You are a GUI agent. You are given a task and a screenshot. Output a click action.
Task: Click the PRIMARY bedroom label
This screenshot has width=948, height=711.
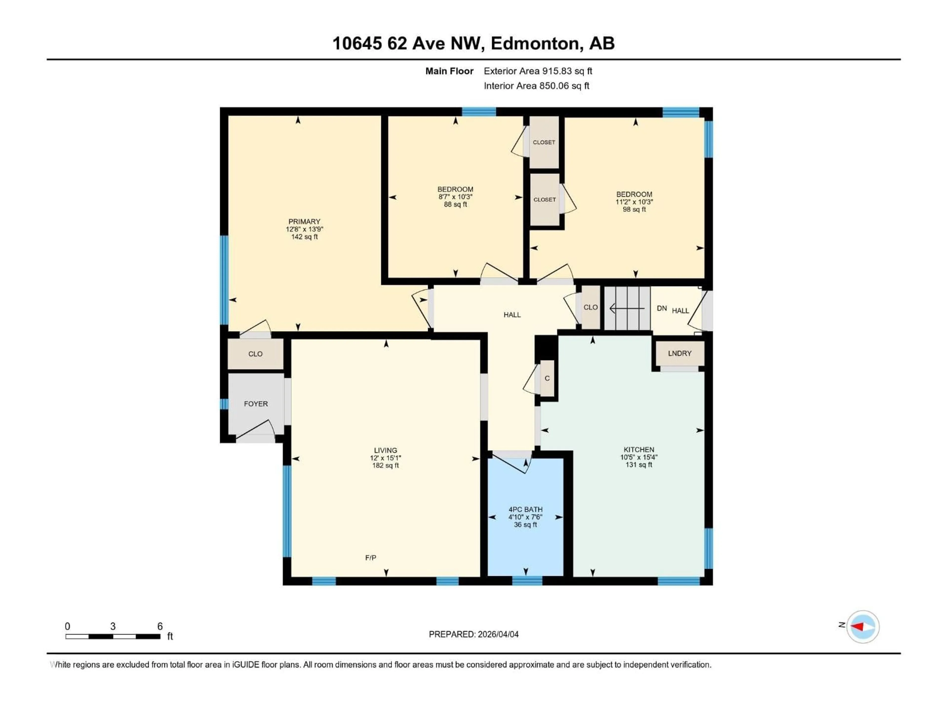click(304, 222)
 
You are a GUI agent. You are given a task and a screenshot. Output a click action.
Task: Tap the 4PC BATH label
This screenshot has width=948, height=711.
click(525, 510)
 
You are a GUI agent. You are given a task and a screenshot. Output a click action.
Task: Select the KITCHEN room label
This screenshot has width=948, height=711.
click(639, 450)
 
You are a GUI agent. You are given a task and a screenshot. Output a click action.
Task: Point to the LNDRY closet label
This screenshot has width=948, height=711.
click(680, 353)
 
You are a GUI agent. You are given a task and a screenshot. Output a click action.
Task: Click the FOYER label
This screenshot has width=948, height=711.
click(256, 404)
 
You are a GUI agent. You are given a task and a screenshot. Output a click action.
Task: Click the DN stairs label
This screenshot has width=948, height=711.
click(662, 308)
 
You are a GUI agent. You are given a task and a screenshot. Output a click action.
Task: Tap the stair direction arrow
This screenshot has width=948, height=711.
click(627, 308)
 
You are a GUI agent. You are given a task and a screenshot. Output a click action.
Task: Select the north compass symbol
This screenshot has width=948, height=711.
click(863, 627)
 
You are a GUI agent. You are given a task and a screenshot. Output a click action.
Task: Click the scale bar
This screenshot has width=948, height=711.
click(113, 636)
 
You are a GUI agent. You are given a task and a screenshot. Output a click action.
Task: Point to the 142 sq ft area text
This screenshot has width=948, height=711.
click(304, 237)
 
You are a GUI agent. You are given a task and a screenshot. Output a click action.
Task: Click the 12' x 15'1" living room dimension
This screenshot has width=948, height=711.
click(385, 458)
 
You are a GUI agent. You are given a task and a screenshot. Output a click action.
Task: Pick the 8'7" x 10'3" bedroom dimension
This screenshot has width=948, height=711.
click(455, 197)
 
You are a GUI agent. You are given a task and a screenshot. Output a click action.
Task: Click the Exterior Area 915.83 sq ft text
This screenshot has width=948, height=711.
click(538, 71)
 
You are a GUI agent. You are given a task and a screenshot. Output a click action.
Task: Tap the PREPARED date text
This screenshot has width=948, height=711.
click(474, 634)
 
